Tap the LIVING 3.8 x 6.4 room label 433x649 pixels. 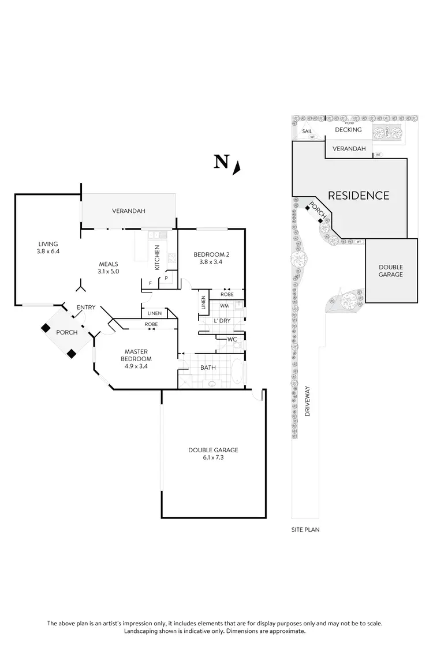[x=49, y=247]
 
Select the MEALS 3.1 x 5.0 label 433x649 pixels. [x=108, y=268]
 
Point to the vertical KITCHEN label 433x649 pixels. [x=156, y=258]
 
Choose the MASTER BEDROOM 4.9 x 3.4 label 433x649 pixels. [x=136, y=355]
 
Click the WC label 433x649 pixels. [x=232, y=339]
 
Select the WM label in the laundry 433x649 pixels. [x=223, y=306]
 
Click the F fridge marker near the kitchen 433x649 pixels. [x=150, y=283]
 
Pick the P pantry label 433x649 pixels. [x=166, y=277]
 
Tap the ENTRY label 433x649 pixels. [x=86, y=307]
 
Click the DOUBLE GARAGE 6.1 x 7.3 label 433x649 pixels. [x=213, y=453]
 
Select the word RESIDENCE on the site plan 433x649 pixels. [x=359, y=196]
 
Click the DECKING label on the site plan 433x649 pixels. [x=348, y=130]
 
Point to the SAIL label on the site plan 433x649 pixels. [x=307, y=132]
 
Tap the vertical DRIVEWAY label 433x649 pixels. [x=307, y=402]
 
